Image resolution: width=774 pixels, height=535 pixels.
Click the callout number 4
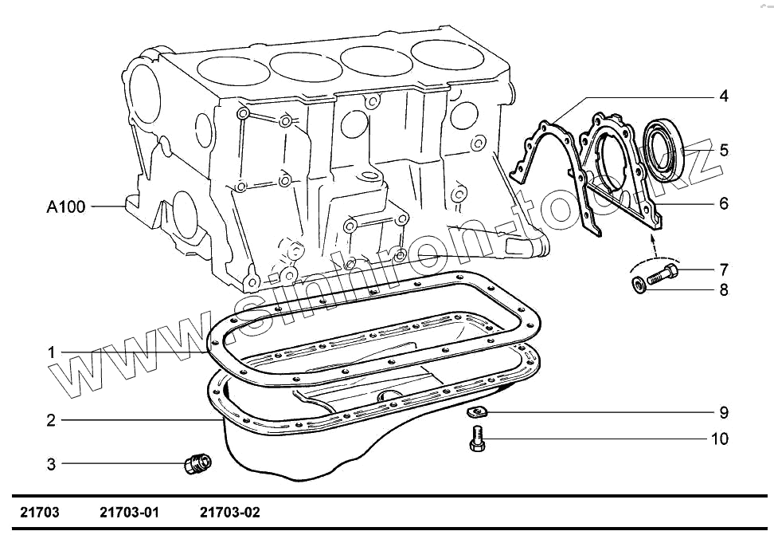coord(723,96)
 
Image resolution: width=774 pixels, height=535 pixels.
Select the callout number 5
coord(723,150)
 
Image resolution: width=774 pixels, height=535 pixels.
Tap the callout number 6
coord(723,203)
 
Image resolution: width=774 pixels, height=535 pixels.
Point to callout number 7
coord(723,269)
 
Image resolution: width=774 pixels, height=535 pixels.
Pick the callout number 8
coord(723,289)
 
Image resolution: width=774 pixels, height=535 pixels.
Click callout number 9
coord(723,413)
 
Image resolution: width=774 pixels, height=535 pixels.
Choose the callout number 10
coord(719,439)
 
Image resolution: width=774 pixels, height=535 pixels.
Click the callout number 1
coord(50,352)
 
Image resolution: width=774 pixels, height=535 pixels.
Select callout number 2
coord(50,420)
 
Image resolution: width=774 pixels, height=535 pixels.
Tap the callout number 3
coord(50,463)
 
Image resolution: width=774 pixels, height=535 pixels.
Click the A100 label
coord(65,207)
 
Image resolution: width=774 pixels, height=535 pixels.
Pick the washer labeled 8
coord(639,285)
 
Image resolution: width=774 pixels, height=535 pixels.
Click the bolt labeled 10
coord(475,439)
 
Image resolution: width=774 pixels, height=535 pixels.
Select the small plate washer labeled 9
coord(477,411)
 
